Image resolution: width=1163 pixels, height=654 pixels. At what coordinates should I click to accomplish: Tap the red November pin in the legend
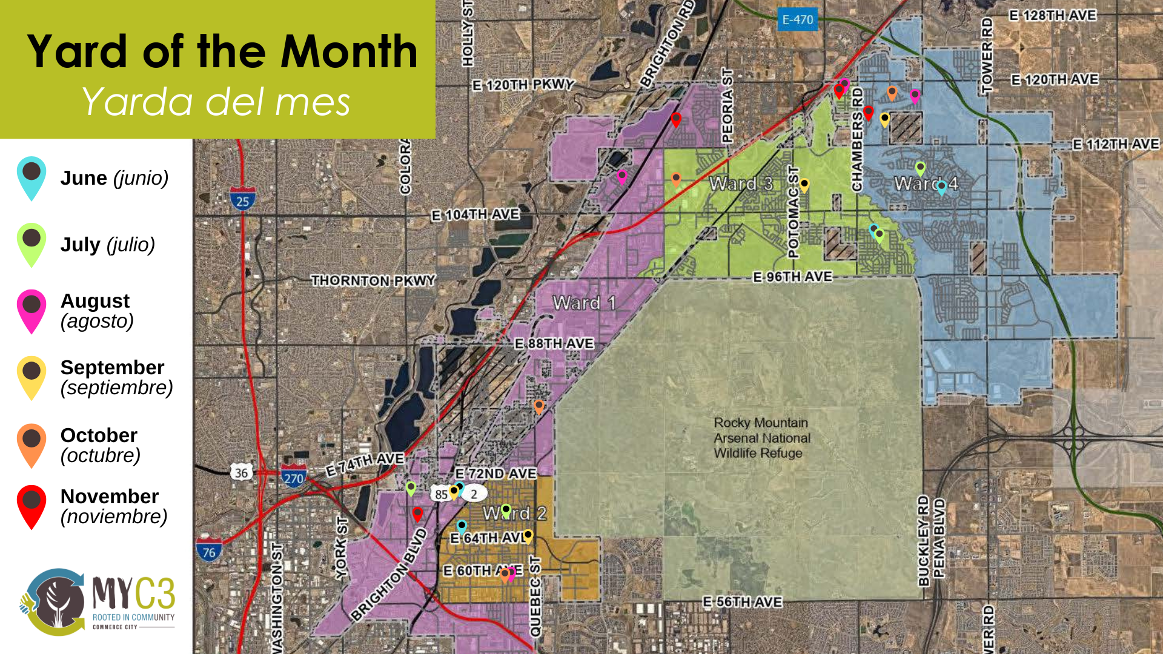pos(31,505)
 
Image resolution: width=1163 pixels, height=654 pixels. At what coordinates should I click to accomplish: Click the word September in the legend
pos(112,368)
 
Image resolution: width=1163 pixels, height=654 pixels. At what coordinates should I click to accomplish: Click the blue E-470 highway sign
pos(797,20)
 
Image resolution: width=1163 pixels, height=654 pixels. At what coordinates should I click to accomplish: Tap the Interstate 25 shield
pos(242,200)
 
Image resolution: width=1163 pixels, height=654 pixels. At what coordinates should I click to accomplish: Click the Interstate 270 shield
pos(294,477)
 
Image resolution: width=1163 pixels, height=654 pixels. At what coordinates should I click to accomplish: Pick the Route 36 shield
pos(242,472)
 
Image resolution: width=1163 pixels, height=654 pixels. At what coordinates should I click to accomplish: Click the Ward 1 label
pos(584,303)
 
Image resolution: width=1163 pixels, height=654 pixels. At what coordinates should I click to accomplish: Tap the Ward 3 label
pos(741,183)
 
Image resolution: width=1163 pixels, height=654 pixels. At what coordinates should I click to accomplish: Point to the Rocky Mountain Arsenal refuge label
pos(761,438)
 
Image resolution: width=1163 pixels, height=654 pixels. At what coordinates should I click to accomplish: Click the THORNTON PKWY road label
pos(373,280)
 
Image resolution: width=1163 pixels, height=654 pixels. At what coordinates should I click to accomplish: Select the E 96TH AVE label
pos(792,277)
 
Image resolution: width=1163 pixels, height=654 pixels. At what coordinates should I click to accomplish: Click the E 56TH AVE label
pos(742,602)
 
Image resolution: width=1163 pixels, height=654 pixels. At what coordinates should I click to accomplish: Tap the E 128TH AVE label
pos(1053,15)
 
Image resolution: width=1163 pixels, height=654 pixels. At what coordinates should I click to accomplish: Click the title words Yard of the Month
pos(222,51)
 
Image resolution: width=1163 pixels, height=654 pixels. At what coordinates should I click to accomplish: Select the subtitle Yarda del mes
pos(216,101)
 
